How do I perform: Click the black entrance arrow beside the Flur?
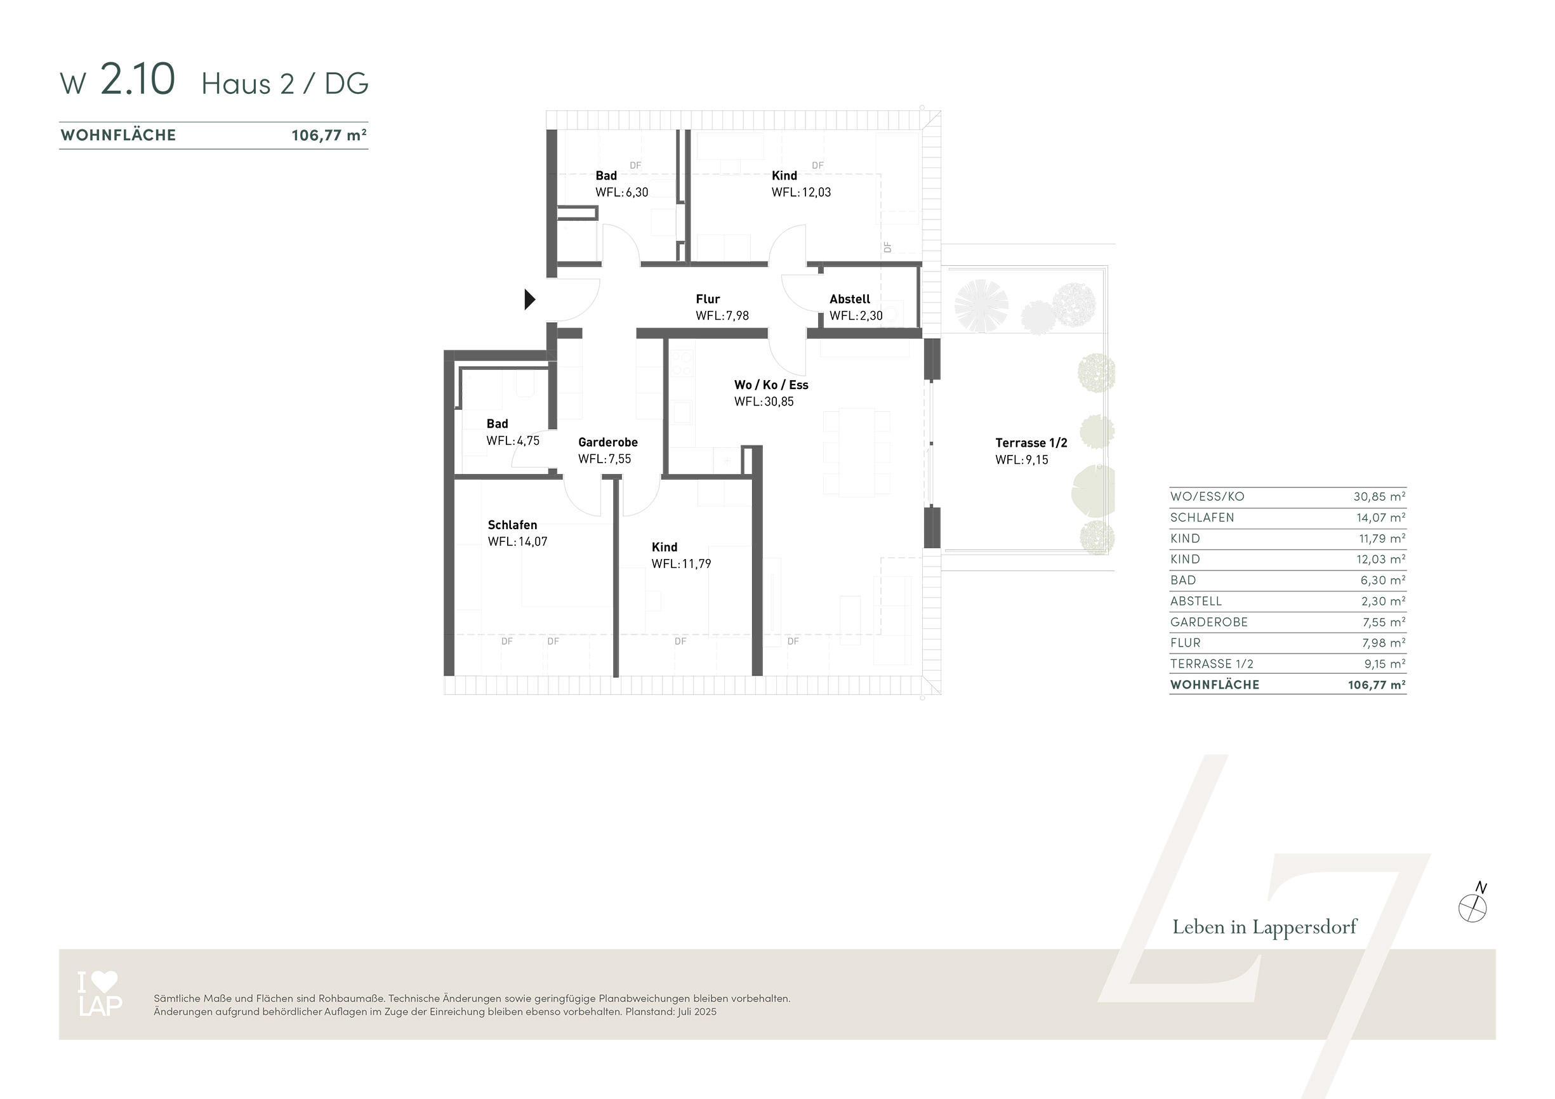tap(529, 299)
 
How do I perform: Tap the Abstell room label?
tap(849, 299)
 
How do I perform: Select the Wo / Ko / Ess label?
tap(771, 385)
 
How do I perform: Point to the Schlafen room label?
tap(512, 525)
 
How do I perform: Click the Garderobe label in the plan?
tap(607, 442)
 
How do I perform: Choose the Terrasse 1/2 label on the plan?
tap(1031, 443)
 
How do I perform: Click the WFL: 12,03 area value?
tap(800, 192)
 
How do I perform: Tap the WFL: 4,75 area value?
tap(513, 441)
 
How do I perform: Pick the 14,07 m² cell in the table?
tap(1380, 517)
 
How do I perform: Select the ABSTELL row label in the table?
tap(1196, 602)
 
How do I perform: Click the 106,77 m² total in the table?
tap(1377, 685)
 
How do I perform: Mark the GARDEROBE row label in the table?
tap(1208, 622)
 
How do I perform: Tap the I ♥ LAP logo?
tap(100, 994)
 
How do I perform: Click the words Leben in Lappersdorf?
tap(1264, 927)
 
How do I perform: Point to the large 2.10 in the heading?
tap(138, 79)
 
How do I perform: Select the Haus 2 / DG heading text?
tap(284, 83)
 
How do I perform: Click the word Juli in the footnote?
tap(686, 1011)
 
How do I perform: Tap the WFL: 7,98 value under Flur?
tap(722, 315)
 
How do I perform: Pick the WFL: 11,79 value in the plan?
tap(681, 563)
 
